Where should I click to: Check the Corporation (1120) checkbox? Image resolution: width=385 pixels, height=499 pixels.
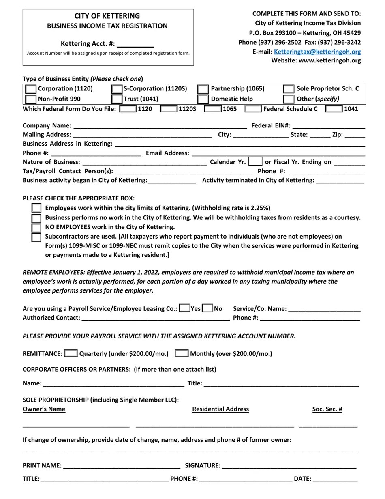[30, 89]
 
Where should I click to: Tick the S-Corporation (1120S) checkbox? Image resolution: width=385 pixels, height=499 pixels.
[117, 89]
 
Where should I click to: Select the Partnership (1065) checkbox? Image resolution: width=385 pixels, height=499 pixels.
[203, 89]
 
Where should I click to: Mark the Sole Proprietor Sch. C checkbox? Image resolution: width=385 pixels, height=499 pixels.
[289, 89]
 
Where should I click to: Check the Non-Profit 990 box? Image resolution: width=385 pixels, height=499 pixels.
[30, 99]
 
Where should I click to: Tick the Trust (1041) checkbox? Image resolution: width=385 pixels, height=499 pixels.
[117, 99]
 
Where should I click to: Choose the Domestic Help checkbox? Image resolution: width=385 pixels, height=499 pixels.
[203, 99]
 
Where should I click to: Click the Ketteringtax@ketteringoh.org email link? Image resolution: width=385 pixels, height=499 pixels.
[317, 52]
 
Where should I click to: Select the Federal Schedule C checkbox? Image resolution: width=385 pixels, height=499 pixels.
[253, 109]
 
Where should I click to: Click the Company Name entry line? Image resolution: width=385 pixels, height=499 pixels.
[160, 126]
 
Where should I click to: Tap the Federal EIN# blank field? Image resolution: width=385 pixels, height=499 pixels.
[328, 126]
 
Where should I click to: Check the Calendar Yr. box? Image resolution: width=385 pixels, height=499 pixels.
[255, 161]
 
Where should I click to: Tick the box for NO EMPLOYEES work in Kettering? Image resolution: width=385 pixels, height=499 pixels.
[36, 227]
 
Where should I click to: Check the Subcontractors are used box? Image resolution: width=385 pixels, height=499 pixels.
[36, 237]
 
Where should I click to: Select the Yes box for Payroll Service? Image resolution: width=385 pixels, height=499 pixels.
[184, 308]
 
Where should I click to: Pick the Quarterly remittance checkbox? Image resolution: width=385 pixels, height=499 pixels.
[71, 353]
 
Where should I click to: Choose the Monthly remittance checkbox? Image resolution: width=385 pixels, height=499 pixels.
[182, 353]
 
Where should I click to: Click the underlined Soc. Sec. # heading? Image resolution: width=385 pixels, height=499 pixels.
[327, 409]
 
